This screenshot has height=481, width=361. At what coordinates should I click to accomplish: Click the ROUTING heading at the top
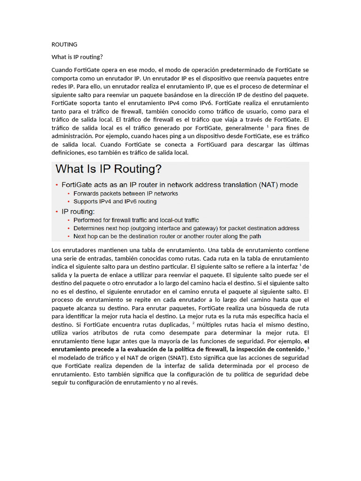64,45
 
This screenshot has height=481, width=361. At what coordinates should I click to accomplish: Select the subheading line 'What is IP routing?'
77,57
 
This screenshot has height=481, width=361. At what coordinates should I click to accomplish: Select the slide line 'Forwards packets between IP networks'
126,193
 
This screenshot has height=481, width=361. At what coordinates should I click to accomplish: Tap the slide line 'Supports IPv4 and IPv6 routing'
115,202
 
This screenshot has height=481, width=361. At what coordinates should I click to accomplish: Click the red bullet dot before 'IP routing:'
57,211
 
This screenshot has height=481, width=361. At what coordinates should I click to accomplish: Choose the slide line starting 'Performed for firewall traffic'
136,220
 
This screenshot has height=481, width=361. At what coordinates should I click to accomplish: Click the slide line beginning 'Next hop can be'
167,236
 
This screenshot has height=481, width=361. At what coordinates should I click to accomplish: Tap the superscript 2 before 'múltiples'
193,323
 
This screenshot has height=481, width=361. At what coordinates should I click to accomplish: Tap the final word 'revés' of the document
188,382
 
